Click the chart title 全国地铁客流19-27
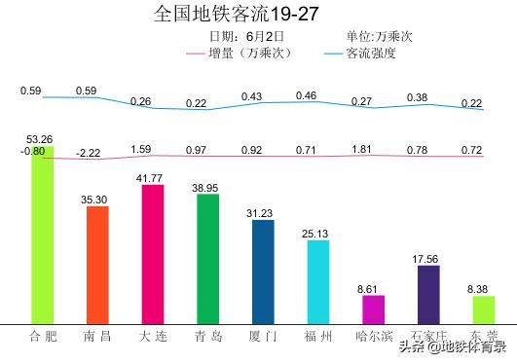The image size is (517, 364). (x=236, y=14)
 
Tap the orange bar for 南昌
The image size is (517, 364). (x=97, y=264)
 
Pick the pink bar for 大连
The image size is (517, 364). (x=153, y=253)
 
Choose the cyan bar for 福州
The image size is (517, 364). (x=318, y=281)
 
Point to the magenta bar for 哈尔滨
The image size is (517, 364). (x=374, y=309)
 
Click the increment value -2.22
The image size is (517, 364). (x=88, y=153)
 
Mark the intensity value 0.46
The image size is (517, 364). (x=306, y=95)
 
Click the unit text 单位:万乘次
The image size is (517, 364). (x=379, y=36)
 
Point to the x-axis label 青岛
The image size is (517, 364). (x=207, y=337)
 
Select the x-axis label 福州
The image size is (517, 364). (x=318, y=337)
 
